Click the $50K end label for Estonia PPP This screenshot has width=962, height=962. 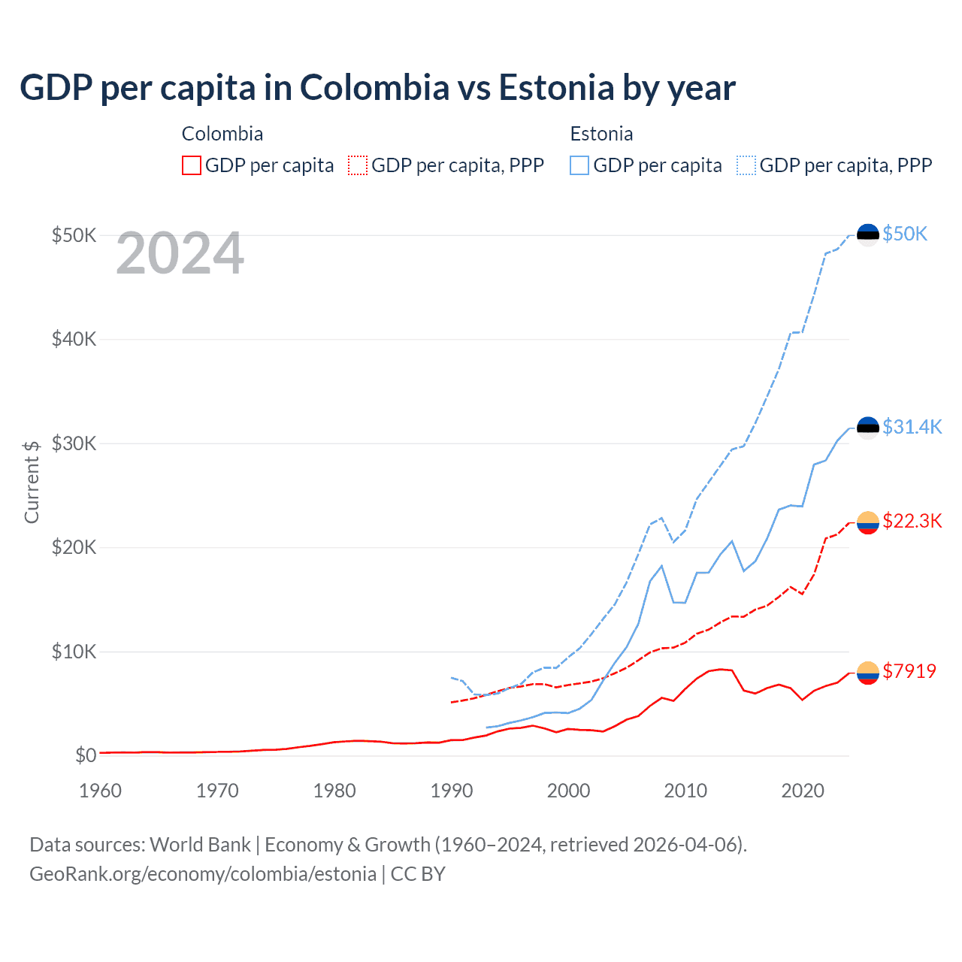(905, 234)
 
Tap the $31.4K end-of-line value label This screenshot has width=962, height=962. (912, 427)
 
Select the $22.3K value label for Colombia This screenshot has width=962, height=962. (912, 521)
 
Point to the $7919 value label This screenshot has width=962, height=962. (909, 671)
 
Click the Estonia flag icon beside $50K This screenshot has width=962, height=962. (868, 235)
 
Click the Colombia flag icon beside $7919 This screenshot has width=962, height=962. (868, 673)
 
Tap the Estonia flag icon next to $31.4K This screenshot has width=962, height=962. (868, 428)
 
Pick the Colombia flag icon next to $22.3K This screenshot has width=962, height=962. (868, 522)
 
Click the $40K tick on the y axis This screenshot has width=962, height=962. (74, 339)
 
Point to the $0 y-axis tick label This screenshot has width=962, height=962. (86, 755)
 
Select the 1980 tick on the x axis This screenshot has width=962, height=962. (334, 791)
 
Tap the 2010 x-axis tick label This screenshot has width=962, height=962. (685, 791)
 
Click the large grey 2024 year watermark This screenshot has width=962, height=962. (180, 253)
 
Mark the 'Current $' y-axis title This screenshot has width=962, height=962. (32, 482)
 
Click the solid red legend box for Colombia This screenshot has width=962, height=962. (192, 165)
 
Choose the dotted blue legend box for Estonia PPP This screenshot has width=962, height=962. (746, 165)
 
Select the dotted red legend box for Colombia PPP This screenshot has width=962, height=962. (358, 165)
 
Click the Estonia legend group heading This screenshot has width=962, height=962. (601, 134)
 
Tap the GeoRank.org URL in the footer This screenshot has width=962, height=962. (203, 874)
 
